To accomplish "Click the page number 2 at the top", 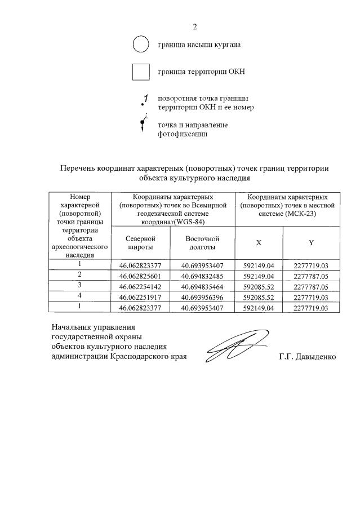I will point(195,26).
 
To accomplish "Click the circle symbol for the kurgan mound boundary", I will point(140,43).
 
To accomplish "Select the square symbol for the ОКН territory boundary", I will point(140,73).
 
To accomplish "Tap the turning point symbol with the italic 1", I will point(144,101).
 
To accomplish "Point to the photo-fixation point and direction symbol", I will point(143,124).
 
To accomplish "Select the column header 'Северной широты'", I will point(140,243).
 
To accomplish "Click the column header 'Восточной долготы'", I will point(202,243).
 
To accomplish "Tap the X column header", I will point(259,243).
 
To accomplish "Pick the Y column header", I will point(310,243).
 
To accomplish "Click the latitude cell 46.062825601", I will point(141,276).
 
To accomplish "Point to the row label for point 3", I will point(80,285).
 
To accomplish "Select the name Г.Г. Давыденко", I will point(307,357).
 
